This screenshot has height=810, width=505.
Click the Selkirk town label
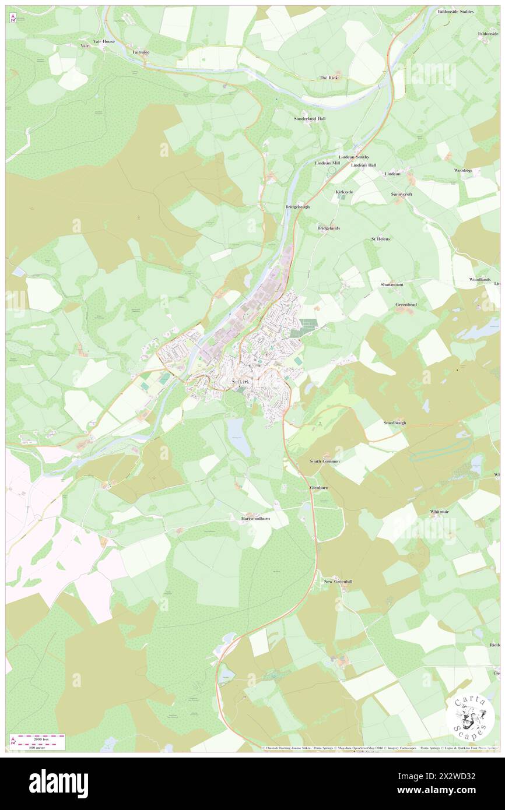(235, 382)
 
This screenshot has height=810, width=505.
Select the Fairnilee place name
(141, 52)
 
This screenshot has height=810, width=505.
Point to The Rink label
(328, 78)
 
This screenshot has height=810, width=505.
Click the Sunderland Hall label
(310, 118)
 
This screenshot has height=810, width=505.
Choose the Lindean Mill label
(327, 163)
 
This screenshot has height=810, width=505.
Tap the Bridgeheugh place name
(297, 207)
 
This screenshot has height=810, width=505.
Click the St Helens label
(381, 239)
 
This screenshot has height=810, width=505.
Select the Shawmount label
(392, 284)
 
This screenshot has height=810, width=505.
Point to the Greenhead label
(405, 305)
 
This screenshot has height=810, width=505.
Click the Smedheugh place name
(395, 422)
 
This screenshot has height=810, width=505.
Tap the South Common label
(324, 461)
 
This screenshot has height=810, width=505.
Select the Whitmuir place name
(440, 511)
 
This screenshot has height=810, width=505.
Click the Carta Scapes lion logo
(470, 716)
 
